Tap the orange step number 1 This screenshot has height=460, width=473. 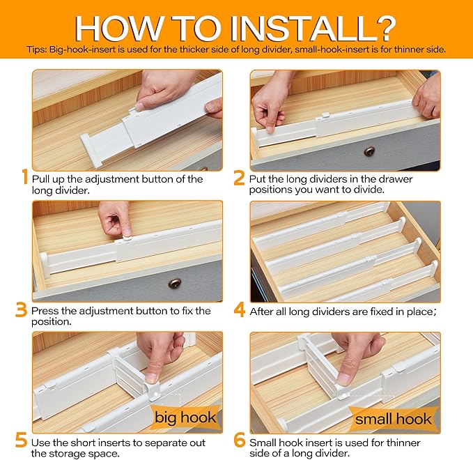(x=25, y=176)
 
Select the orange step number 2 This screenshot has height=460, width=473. (x=239, y=178)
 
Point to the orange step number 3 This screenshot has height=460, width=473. (x=21, y=309)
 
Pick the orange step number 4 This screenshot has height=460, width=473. (x=240, y=309)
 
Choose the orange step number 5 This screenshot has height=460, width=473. (x=21, y=440)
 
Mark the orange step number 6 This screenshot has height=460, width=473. (x=240, y=440)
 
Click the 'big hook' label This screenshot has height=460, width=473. (x=185, y=417)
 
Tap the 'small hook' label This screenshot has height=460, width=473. (x=393, y=419)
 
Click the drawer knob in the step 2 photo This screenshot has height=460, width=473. (x=369, y=151)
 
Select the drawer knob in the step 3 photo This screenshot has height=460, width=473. (x=174, y=283)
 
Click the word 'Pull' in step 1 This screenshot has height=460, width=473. (x=40, y=179)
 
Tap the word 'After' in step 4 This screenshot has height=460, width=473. (x=262, y=311)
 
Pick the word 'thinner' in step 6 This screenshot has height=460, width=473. (x=403, y=443)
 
